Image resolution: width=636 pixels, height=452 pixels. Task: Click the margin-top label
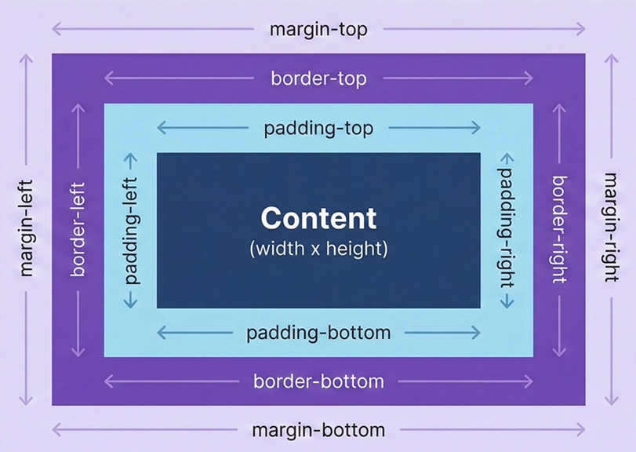tap(318, 29)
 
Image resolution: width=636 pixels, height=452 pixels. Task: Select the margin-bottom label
tap(318, 430)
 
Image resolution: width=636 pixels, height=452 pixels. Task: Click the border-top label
tap(318, 78)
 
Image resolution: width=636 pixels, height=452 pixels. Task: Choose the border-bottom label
tap(318, 382)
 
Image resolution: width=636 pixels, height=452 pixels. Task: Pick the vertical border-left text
tap(78, 229)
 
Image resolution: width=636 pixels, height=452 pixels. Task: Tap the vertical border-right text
tap(558, 229)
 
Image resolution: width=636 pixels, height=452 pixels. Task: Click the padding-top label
tap(318, 128)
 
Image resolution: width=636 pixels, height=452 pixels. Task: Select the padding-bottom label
tap(318, 333)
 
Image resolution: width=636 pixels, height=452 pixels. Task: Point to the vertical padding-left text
tap(131, 229)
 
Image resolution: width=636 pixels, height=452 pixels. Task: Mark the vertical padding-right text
tap(507, 229)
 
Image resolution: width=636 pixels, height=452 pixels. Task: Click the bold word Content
tap(318, 217)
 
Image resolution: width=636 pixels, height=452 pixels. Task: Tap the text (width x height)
tap(318, 250)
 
